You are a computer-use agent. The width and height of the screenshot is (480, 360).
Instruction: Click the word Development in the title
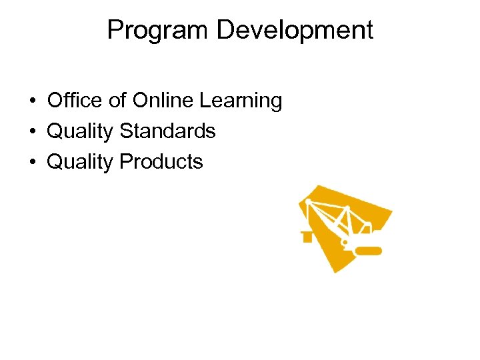(286, 31)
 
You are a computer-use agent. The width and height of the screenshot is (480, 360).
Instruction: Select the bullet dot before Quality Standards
(32, 132)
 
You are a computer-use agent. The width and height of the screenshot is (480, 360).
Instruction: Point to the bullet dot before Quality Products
(32, 162)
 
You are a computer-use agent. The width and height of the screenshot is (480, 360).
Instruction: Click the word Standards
(167, 131)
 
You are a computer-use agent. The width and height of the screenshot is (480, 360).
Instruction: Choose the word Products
(161, 161)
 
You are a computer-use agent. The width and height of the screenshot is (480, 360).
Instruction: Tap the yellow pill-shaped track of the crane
(368, 251)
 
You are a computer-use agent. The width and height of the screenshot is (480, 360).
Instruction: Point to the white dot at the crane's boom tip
(308, 201)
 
